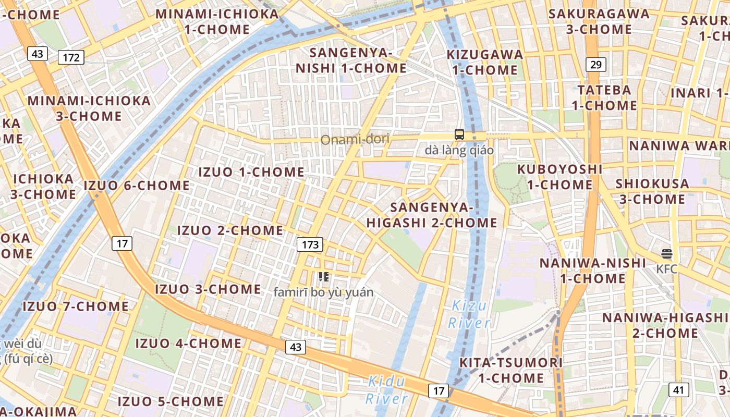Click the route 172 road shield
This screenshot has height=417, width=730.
71,57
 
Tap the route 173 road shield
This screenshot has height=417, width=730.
310,244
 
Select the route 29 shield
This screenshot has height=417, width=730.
595,65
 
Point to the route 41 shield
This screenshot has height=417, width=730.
678,389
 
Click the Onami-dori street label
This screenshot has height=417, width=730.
355,140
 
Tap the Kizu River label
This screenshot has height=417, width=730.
469,314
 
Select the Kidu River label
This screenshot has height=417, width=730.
386,390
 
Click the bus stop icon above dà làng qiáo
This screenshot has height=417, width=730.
459,134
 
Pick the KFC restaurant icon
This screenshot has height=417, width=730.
666,254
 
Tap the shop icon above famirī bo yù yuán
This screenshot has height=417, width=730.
323,277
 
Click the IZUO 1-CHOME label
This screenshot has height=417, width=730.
251,172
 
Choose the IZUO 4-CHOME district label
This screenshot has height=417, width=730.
188,344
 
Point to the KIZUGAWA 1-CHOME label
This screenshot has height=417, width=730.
485,62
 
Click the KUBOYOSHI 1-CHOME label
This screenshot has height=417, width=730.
559,177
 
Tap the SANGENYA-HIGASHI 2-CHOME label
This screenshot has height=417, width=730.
432,215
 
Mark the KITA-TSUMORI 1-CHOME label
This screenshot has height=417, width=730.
511,370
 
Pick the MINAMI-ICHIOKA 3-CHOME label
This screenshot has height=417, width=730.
89,108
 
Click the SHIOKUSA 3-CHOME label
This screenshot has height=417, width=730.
652,191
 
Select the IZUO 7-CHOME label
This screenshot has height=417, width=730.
75,306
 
